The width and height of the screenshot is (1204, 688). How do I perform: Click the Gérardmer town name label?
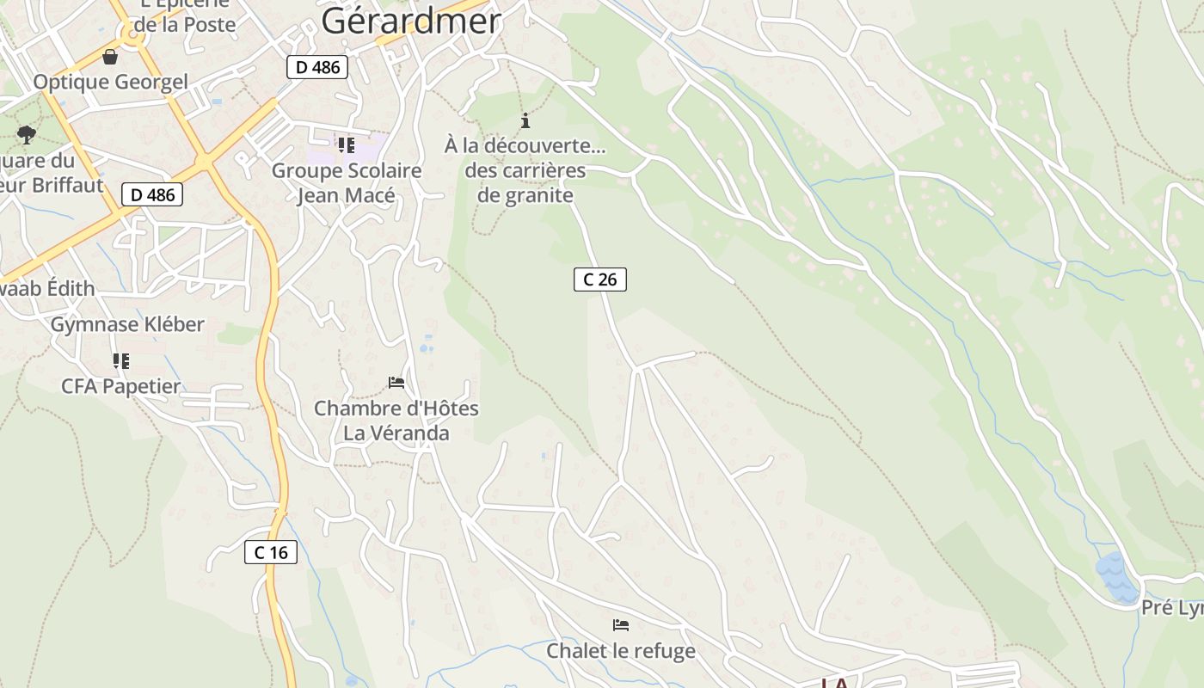pos(410,21)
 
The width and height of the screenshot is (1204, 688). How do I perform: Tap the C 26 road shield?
pos(600,279)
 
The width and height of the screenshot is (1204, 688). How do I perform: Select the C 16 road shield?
pos(272,553)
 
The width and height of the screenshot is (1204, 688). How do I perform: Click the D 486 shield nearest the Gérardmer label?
pos(317,67)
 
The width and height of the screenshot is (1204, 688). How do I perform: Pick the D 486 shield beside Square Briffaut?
pos(152,195)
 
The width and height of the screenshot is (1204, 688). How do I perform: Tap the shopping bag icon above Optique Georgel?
pos(110,58)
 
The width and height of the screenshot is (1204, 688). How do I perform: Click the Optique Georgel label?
pos(110,83)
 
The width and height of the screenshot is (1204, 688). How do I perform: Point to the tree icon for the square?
pos(27,134)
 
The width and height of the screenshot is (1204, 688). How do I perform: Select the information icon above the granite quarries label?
pos(525,121)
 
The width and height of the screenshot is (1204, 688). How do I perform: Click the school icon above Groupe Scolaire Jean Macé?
pos(346,144)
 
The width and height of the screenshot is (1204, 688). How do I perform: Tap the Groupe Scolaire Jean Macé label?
pos(347,183)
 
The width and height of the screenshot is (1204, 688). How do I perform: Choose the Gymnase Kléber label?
pos(127,325)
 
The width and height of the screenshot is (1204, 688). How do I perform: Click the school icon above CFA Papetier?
pos(121,361)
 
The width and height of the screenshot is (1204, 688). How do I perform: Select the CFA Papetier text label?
pos(121,387)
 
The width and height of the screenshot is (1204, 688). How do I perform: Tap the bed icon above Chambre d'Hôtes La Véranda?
pos(396,382)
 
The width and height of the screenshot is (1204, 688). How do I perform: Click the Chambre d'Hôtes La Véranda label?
pos(396,421)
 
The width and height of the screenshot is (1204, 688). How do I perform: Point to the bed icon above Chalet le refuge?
pos(621,625)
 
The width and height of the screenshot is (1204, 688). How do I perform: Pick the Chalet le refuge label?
pos(621,651)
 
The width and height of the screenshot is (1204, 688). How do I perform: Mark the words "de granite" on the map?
pos(525,195)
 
